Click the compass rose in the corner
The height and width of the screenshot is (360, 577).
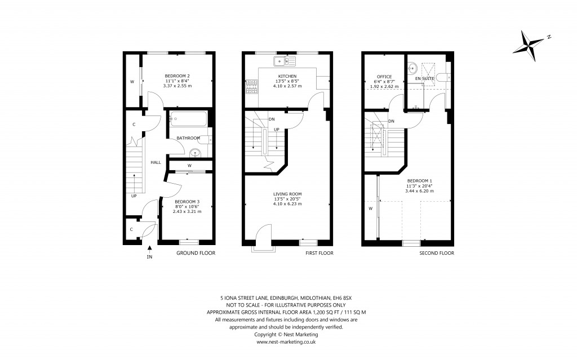tap(532, 45)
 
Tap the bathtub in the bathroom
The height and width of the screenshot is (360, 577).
tap(188, 119)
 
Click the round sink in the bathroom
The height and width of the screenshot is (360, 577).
tap(196, 152)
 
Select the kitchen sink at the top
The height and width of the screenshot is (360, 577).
tap(281, 60)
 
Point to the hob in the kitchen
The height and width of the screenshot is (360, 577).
tap(251, 86)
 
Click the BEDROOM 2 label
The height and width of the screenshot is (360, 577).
tap(177, 76)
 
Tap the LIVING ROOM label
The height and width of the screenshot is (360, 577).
tap(287, 193)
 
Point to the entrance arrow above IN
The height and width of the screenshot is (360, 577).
tap(149, 247)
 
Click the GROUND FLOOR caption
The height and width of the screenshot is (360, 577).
tap(196, 254)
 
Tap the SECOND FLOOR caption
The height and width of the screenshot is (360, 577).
tap(436, 254)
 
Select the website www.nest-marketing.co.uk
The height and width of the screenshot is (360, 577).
tap(286, 341)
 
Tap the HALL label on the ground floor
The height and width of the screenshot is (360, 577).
tap(156, 162)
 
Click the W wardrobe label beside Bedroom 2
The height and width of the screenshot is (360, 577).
tap(132, 82)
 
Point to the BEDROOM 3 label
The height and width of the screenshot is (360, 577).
tap(187, 202)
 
